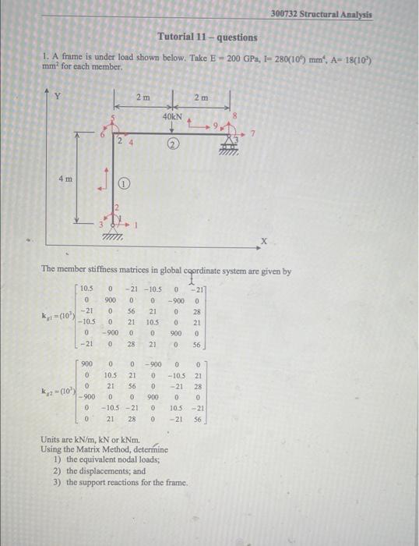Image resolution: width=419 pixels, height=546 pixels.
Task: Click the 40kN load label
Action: pos(172,116)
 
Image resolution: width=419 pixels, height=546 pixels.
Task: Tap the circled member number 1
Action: pos(124,183)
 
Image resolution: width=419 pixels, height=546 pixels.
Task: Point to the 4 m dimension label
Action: pos(67,179)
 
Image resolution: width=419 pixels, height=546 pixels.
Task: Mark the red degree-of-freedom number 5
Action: pos(114,118)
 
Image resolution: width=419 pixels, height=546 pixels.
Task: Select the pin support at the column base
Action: pos(114,229)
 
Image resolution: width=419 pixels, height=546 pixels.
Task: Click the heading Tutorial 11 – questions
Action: pos(206,37)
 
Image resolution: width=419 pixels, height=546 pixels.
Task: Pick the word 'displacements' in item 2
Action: pos(99,471)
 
